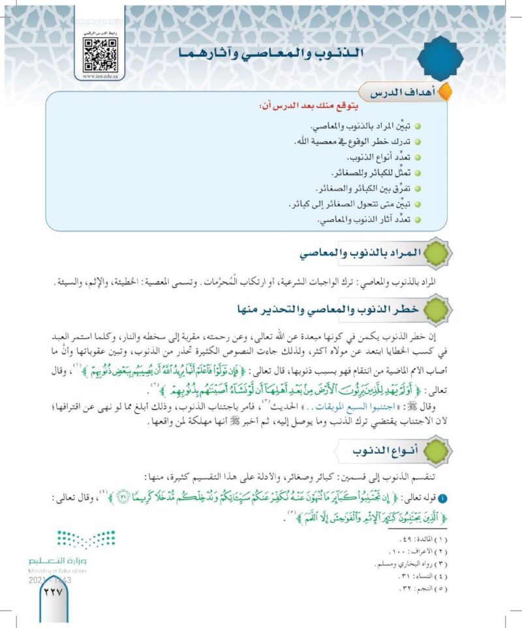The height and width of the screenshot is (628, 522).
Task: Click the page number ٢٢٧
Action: click(x=51, y=593)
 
